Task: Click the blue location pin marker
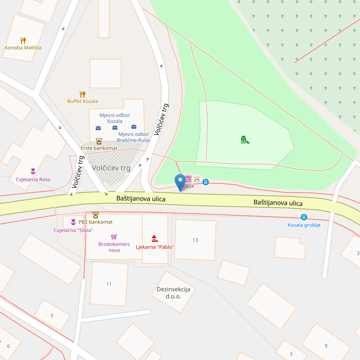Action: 180,182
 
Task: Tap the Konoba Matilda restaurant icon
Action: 23,40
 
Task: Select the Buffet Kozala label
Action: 82,101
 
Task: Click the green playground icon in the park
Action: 245,139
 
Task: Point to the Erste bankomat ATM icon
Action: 99,141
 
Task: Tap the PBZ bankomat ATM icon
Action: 95,215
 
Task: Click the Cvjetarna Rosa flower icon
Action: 33,171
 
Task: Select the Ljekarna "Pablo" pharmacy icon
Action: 155,238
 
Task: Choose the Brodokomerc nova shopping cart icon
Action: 114,237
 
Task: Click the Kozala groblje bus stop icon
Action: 304,217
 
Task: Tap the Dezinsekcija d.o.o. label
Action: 174,292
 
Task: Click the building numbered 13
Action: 195,240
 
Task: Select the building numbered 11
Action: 109,284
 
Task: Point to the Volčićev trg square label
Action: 111,168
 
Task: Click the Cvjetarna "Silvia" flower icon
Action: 73,221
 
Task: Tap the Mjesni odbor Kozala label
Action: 115,118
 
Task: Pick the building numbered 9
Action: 326,346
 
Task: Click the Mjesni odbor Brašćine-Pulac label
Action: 134,137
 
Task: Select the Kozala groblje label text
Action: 304,225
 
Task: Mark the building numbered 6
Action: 8,346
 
